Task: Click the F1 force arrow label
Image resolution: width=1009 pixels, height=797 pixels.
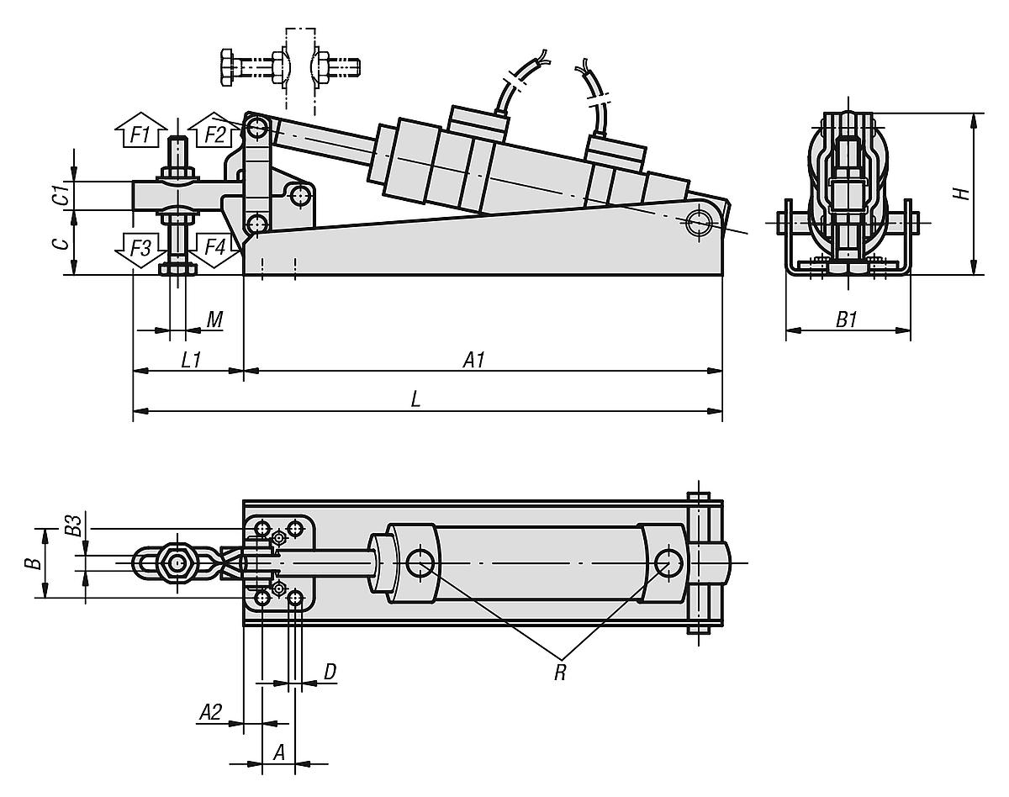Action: click(140, 134)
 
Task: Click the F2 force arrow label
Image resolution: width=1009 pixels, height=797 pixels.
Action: click(214, 134)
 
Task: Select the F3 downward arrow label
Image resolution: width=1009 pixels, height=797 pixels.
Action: click(140, 249)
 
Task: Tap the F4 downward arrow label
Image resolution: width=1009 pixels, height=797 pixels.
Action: click(214, 249)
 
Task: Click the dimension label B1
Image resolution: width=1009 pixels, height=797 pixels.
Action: click(846, 319)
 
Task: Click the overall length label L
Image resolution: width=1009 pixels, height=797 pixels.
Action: click(415, 400)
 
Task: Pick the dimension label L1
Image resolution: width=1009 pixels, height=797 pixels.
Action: click(191, 360)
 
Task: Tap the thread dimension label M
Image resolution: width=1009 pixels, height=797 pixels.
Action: click(214, 319)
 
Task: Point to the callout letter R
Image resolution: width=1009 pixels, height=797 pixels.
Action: click(560, 673)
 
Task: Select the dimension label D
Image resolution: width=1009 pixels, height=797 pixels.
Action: click(330, 673)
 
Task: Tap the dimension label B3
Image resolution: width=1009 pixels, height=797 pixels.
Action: click(74, 527)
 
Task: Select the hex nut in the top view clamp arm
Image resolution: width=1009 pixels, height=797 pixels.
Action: click(176, 562)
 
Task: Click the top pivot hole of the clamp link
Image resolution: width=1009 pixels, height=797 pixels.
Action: click(258, 129)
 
